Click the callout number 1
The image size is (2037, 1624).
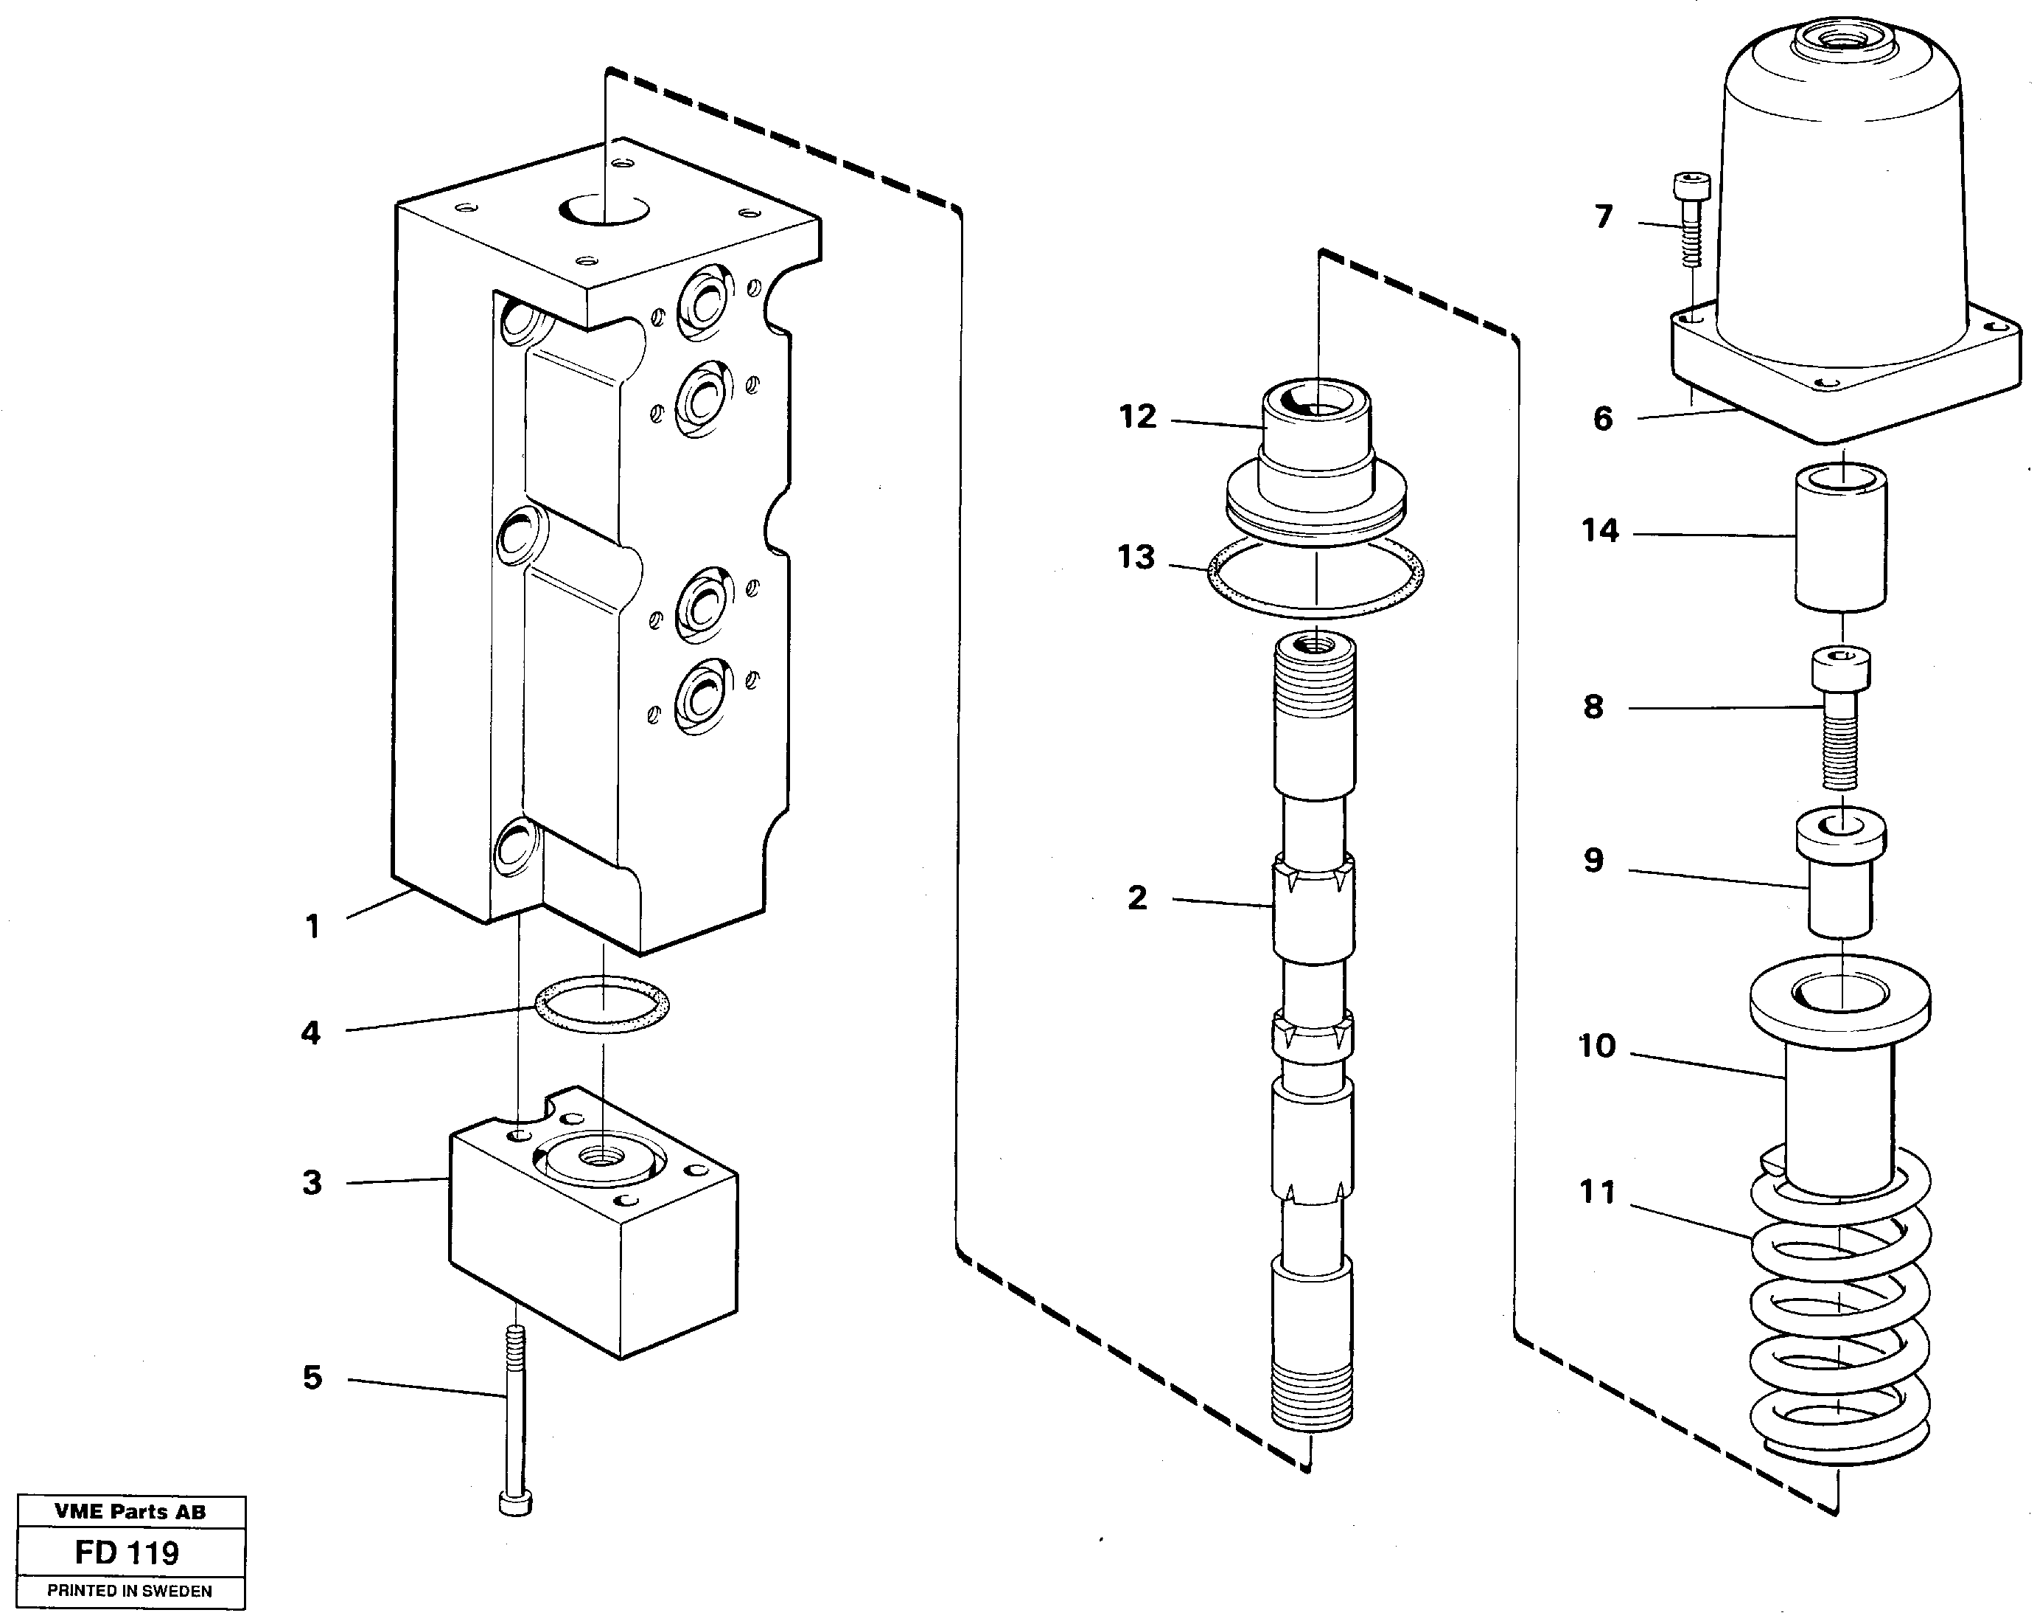312,927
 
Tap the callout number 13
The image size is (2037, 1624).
1136,558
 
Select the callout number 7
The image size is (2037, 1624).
1604,218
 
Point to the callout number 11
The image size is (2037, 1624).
1598,1193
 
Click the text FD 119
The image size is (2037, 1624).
127,1552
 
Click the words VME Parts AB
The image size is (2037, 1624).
130,1511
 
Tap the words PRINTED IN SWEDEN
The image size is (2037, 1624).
130,1591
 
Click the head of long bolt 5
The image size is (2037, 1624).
515,1502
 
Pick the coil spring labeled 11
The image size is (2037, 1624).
1839,1323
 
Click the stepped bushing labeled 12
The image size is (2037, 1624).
1316,454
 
